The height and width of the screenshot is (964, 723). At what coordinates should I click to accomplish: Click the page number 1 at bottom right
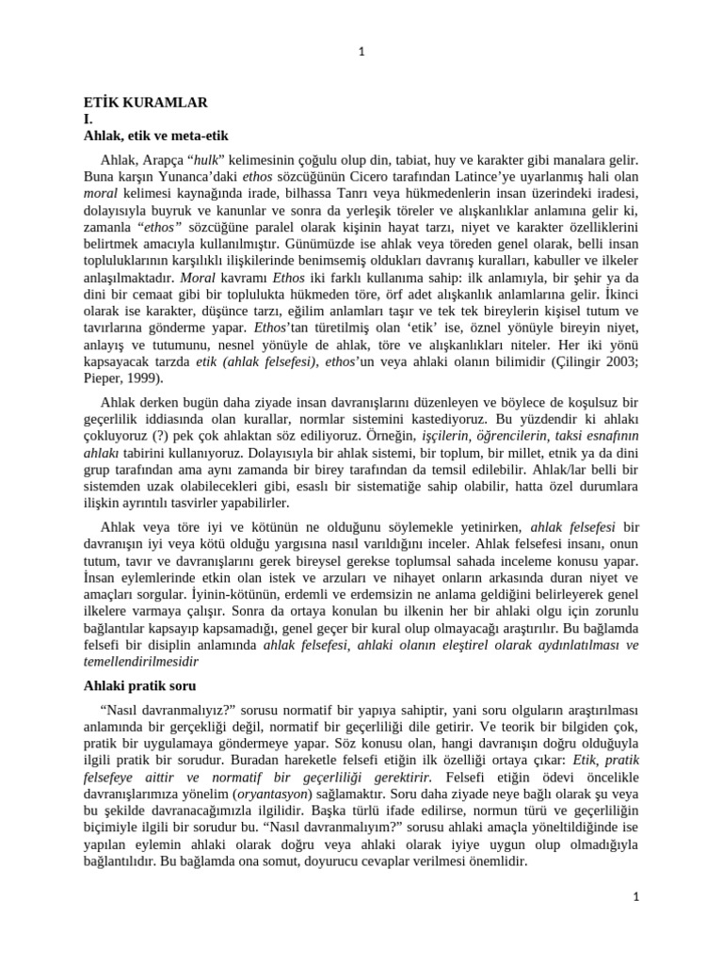click(635, 897)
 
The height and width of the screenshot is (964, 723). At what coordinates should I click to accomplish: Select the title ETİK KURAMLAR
click(145, 102)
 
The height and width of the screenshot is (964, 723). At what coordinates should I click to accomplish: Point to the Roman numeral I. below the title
click(88, 119)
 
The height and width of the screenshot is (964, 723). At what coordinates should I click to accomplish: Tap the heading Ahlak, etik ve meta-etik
click(155, 136)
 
